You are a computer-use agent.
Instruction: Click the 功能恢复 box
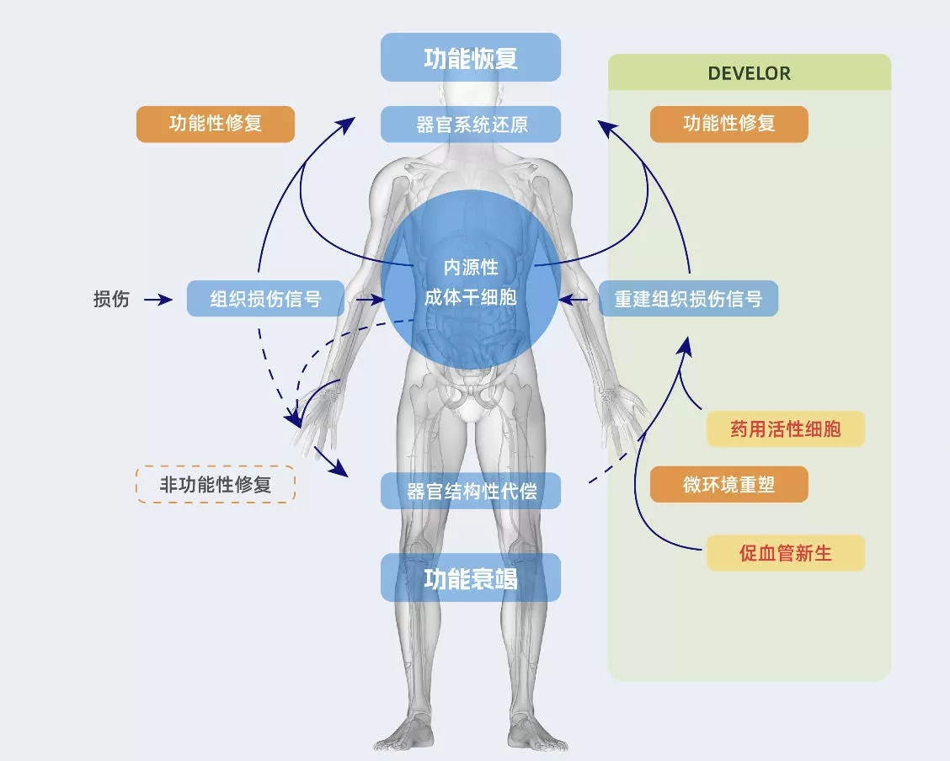470,57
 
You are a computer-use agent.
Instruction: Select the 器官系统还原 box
470,125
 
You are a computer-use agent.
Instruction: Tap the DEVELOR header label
749,73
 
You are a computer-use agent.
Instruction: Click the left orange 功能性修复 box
216,124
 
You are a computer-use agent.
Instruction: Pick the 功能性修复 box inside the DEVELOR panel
729,124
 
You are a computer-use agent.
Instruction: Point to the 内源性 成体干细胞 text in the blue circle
471,283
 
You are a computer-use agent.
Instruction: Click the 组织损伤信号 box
265,299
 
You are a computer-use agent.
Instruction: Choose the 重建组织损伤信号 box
688,299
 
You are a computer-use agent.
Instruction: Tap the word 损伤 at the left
111,299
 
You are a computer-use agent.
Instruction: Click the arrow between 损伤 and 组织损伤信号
158,299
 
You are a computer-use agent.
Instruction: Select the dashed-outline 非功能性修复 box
216,484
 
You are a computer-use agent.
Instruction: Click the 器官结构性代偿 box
470,491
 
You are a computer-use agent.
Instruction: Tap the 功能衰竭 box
470,578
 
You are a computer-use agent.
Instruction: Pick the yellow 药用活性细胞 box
785,429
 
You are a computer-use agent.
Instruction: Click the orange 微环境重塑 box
729,484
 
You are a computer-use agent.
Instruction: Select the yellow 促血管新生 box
785,553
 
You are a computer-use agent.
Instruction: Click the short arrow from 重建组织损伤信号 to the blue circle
578,299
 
